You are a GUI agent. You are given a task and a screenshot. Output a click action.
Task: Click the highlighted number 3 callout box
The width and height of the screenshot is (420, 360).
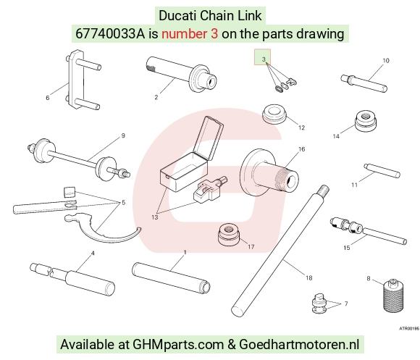pos(262,56)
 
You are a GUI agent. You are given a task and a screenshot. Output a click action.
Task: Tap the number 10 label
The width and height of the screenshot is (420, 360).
pos(386,61)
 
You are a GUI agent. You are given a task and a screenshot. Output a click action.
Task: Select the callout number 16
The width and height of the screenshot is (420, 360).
pos(302,149)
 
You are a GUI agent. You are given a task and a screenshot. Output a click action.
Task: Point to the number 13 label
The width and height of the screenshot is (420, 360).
pos(155,217)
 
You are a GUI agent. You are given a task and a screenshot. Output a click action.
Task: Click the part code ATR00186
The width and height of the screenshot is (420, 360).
pos(408,328)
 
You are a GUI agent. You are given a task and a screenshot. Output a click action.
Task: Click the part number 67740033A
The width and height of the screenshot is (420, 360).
pos(110,34)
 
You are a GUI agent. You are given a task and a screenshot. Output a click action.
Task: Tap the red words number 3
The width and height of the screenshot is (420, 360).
pos(190,34)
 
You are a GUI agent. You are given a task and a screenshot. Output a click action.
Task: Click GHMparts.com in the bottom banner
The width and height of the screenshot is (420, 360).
pos(178,345)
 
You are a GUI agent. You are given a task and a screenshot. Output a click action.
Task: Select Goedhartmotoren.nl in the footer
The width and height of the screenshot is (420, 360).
pos(299,345)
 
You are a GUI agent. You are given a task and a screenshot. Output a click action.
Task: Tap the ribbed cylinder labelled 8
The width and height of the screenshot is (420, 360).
pos(393,296)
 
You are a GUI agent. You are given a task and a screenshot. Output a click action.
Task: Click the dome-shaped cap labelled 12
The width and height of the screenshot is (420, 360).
pos(274,114)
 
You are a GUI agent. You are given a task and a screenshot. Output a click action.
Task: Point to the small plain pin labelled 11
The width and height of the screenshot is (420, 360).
pos(382,171)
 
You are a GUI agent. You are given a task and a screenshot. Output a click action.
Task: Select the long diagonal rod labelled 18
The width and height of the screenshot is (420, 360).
pos(280,251)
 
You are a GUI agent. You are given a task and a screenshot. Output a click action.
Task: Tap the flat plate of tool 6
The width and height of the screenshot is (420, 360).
pos(76,80)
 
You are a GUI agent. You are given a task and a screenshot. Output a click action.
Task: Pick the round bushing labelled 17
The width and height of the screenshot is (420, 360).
pos(229,233)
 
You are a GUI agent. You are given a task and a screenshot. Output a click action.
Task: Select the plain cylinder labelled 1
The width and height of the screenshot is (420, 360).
pos(171,277)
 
